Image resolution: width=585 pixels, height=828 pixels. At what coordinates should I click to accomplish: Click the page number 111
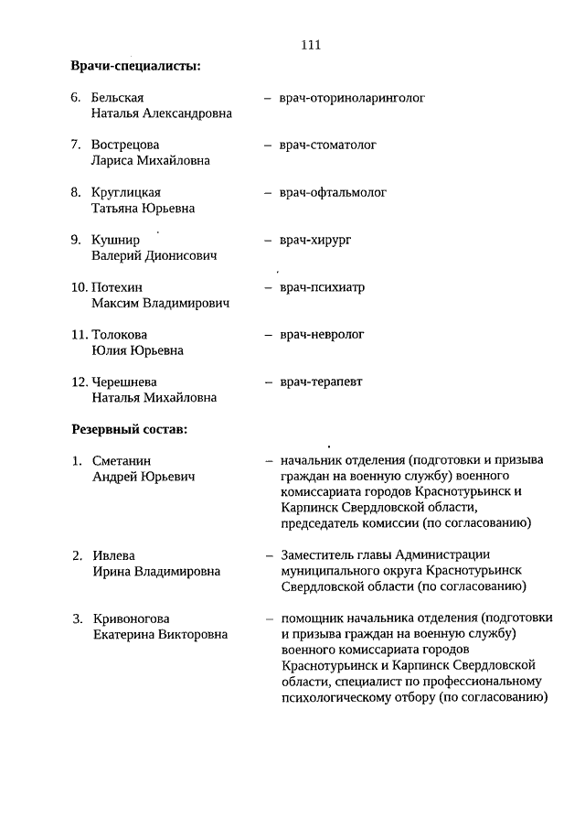tap(310, 46)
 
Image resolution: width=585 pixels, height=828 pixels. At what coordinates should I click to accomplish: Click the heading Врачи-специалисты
tap(136, 67)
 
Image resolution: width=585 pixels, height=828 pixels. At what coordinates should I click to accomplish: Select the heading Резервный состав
tap(130, 428)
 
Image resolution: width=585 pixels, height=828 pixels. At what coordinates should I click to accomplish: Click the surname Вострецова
tap(125, 145)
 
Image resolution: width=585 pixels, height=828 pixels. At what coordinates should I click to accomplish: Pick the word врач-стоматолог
tap(329, 145)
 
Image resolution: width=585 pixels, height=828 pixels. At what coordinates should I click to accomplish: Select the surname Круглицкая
tap(126, 192)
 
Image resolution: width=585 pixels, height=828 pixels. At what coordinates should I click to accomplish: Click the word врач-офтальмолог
tap(334, 192)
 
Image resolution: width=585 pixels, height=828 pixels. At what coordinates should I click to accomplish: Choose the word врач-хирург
tap(316, 240)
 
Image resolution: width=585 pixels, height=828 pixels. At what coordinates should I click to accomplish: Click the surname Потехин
tap(117, 287)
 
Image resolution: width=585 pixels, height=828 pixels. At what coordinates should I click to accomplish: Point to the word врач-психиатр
tap(323, 287)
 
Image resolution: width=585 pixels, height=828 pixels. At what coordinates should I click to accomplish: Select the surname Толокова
tap(119, 335)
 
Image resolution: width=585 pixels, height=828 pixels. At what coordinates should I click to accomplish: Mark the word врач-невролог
tap(323, 335)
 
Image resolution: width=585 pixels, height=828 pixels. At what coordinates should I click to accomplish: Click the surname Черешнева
tap(125, 382)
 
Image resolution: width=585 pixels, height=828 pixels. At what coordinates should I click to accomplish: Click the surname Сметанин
tap(122, 461)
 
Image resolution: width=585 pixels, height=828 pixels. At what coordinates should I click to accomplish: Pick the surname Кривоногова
tap(132, 618)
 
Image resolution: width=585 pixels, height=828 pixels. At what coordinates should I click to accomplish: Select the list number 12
tap(80, 382)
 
